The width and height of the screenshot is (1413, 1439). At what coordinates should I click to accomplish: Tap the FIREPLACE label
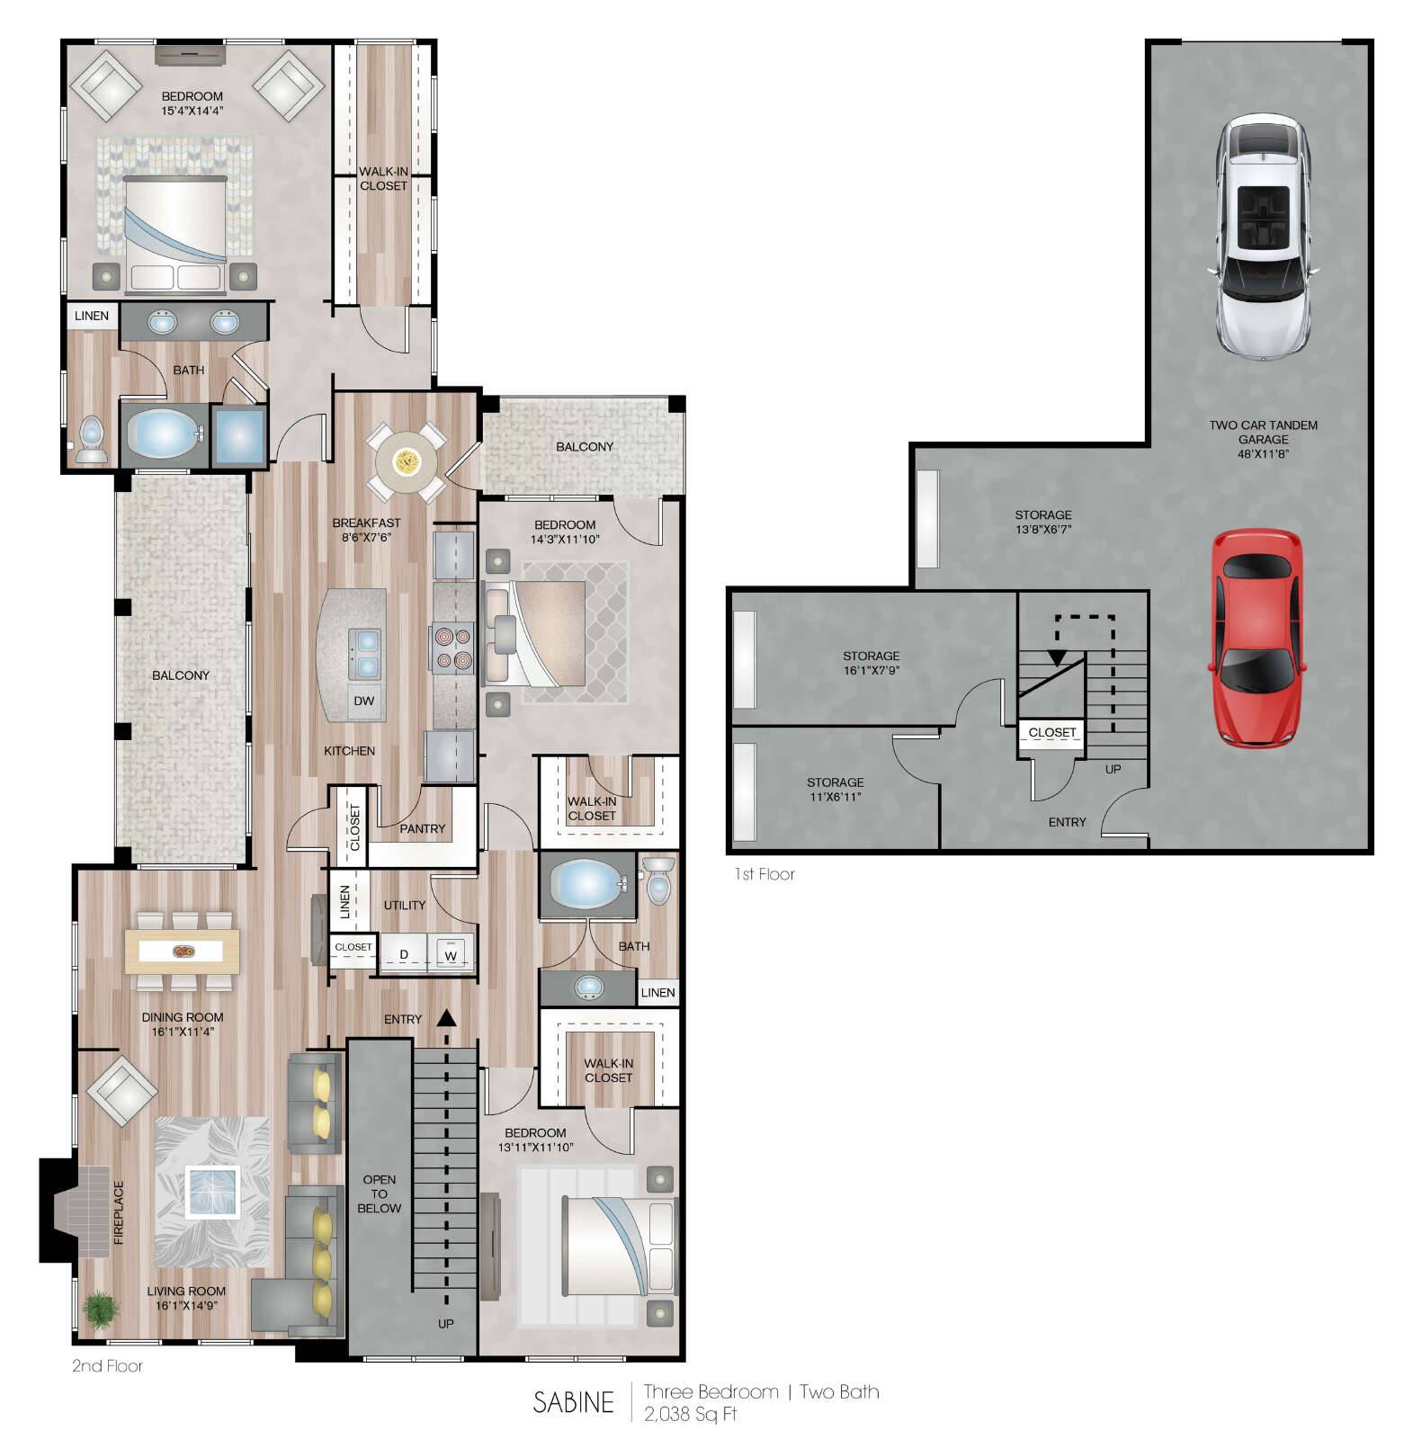[118, 1213]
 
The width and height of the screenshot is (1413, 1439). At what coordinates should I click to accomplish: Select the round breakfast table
[407, 462]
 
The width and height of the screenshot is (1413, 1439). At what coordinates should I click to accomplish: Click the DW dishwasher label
[363, 702]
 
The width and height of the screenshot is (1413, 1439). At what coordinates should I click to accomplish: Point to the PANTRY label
[422, 828]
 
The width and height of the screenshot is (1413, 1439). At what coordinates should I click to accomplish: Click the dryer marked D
[404, 954]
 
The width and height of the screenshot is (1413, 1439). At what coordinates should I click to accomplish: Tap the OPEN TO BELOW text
[379, 1193]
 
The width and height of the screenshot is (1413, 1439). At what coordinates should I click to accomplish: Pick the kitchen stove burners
[452, 648]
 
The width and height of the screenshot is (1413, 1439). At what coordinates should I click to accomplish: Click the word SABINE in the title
[573, 1401]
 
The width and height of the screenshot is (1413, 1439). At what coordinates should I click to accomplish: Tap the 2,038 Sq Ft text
[690, 1414]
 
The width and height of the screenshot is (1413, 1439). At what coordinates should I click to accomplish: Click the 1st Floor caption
[764, 873]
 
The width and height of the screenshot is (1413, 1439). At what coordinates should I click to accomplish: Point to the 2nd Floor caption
[107, 1365]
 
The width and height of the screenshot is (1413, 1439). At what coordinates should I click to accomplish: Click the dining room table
[183, 951]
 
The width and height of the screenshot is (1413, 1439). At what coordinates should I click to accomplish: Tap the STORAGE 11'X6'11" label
[835, 789]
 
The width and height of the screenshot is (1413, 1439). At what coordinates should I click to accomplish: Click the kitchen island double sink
[368, 654]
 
